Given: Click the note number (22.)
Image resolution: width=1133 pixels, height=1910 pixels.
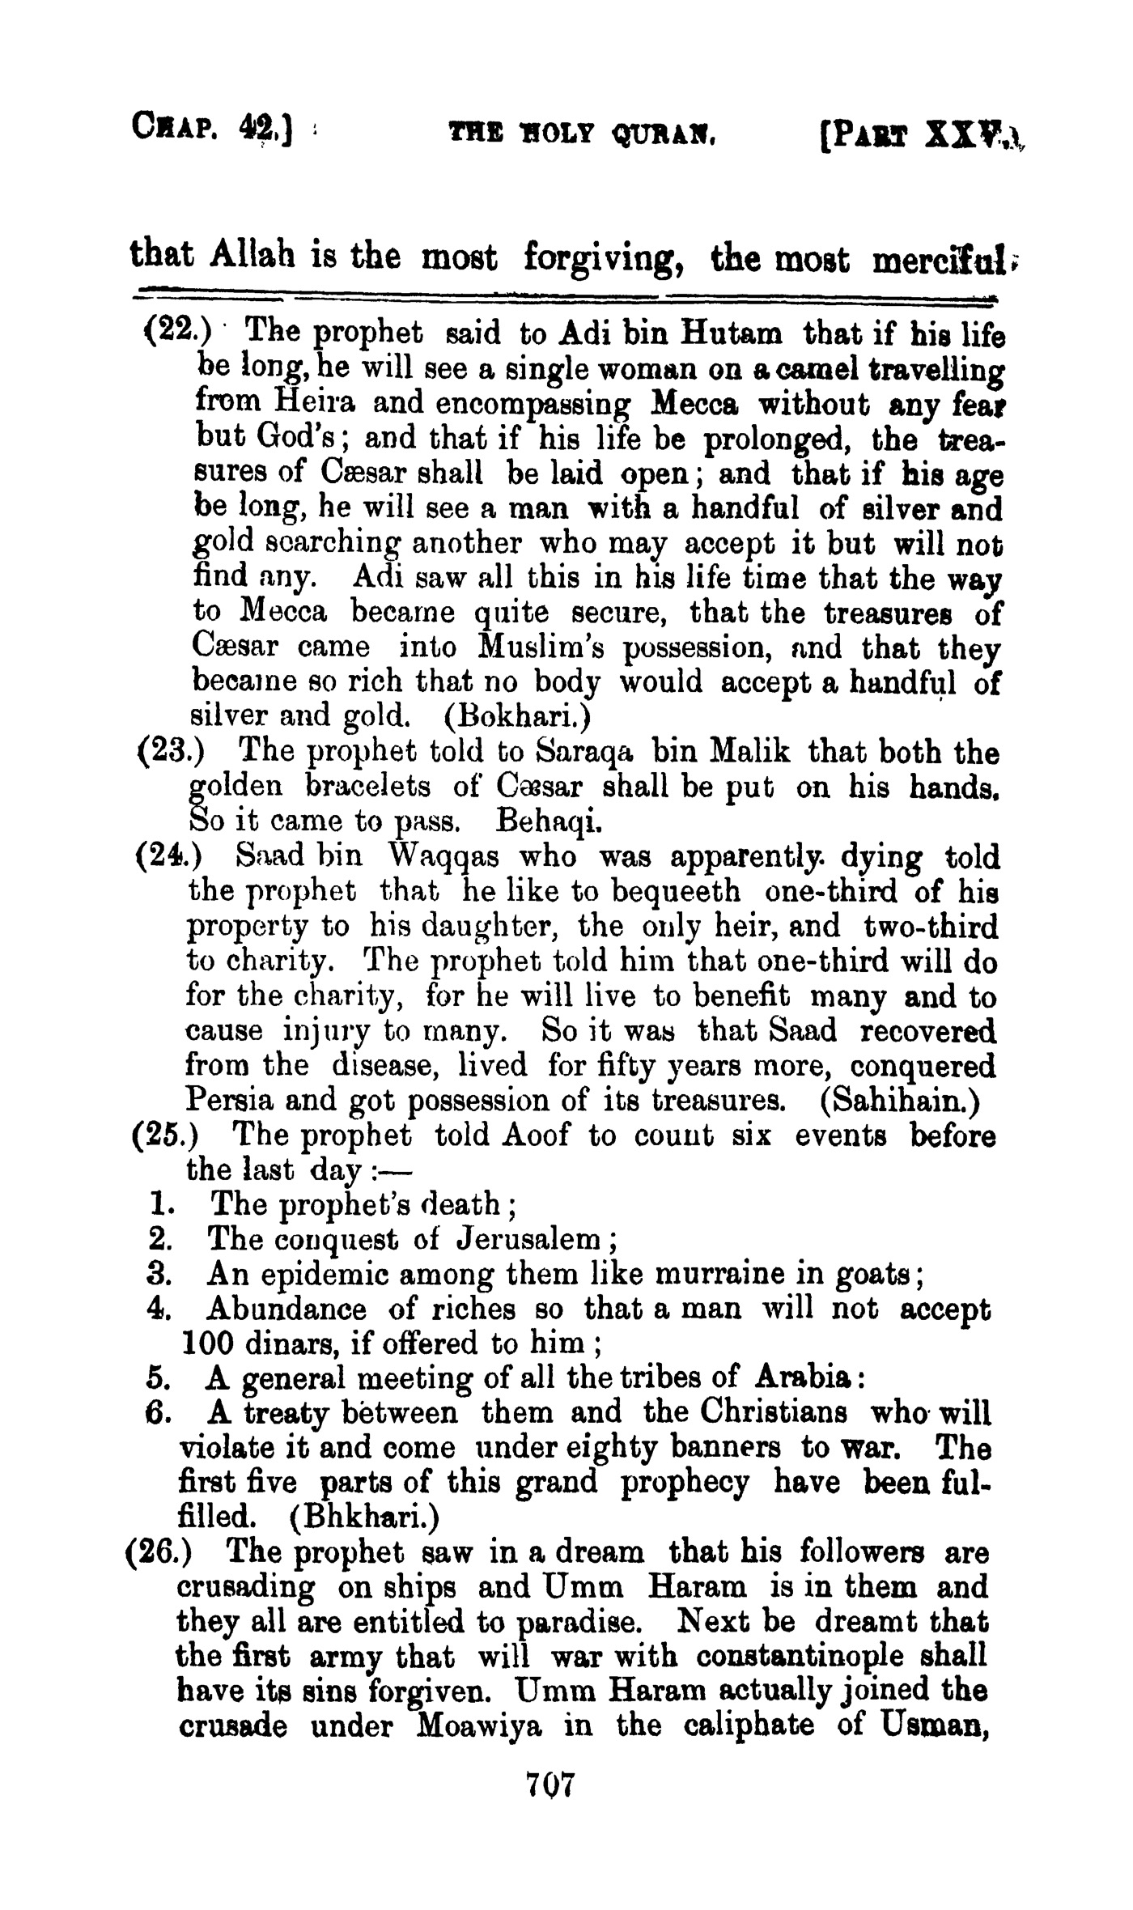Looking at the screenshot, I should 176,332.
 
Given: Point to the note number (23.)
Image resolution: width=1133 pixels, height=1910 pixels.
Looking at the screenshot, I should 169,753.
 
